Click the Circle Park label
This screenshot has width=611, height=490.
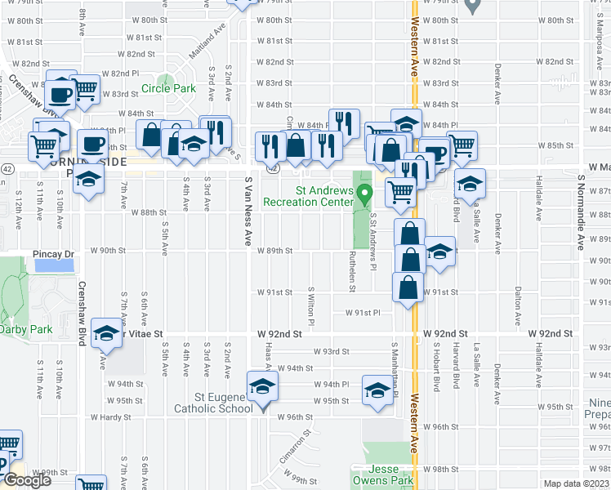168,89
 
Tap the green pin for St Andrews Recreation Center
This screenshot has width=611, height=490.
367,194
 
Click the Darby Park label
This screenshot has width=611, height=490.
25,329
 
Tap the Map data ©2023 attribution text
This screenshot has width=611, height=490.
575,483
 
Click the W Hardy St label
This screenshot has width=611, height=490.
110,417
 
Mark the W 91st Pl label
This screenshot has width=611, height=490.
363,313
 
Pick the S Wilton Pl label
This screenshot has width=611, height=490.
311,304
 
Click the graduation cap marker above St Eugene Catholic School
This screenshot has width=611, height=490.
261,385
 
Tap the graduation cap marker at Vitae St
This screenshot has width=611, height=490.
105,332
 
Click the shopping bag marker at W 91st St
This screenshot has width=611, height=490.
408,287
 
